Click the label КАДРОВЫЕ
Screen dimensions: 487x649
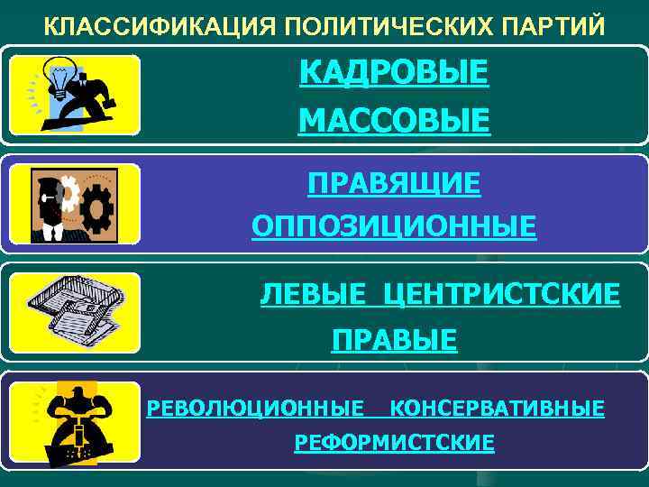pyautogui.click(x=394, y=71)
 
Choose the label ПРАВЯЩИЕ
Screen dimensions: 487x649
pyautogui.click(x=394, y=184)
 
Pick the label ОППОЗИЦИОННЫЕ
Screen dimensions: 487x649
pyautogui.click(x=394, y=225)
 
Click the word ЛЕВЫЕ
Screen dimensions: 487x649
pyautogui.click(x=313, y=293)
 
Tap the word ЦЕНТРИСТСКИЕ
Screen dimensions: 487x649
pyautogui.click(x=501, y=293)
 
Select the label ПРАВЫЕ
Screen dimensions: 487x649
pyautogui.click(x=394, y=340)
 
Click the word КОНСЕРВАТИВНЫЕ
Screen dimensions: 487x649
pyautogui.click(x=497, y=409)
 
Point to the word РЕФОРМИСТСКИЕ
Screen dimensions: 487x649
pyautogui.click(x=394, y=443)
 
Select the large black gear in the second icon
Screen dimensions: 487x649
pyautogui.click(x=96, y=208)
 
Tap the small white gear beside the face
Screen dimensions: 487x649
pyautogui.click(x=67, y=191)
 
